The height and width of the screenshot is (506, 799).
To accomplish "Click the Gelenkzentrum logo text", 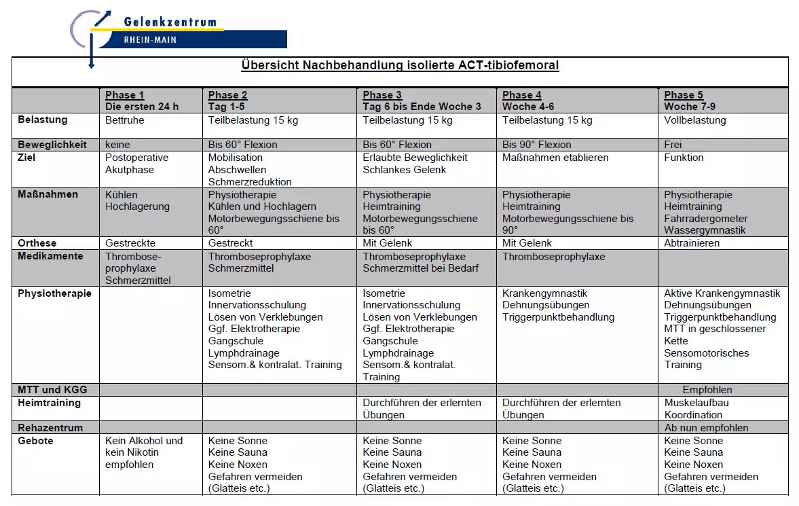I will [170, 22].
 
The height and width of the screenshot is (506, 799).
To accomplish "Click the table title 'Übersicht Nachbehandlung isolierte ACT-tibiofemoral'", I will [400, 66].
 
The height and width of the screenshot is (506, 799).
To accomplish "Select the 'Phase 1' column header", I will [125, 95].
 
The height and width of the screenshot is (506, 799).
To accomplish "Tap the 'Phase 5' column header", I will [684, 95].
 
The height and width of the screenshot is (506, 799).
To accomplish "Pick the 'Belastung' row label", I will [43, 120].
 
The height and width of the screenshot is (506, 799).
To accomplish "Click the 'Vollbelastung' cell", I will [695, 121].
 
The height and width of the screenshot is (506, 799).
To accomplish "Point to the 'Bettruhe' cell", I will [125, 121].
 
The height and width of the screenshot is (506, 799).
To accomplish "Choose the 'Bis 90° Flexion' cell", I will [537, 145].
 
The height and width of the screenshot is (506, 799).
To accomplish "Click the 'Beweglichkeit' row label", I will [52, 145].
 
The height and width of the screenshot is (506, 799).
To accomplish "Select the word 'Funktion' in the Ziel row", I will [684, 158].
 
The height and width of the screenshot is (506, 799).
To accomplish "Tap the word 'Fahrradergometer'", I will [706, 219].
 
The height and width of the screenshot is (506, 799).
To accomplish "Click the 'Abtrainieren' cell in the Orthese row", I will [692, 243].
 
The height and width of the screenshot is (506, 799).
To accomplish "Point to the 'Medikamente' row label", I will [50, 257].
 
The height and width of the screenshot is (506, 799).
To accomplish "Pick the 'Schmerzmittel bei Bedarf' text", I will [421, 268].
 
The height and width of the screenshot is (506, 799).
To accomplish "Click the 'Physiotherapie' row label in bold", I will [54, 294].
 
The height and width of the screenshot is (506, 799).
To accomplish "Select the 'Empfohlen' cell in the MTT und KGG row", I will [707, 391].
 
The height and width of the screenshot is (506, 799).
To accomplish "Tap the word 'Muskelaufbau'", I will [696, 403].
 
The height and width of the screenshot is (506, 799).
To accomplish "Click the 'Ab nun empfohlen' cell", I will [706, 429].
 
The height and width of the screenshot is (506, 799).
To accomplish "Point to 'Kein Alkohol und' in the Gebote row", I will [144, 441].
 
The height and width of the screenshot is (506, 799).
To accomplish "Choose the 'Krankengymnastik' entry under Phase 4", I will [545, 293].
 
